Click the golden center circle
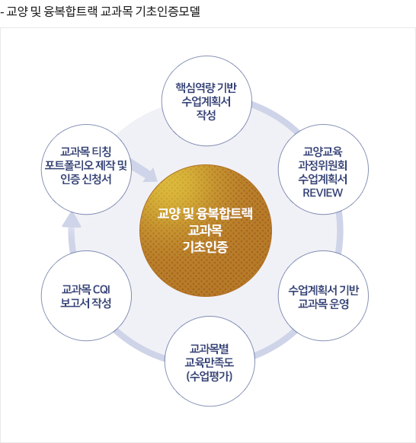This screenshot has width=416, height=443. coord(206,231)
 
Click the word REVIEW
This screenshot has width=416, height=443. coord(323,193)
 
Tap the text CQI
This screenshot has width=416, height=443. coord(101,289)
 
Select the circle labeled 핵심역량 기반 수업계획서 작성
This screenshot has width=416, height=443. coord(206,101)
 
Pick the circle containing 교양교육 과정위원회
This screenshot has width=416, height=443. coord(323,169)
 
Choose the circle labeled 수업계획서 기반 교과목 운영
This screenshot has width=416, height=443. coord(323,295)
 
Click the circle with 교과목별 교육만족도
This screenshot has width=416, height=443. coord(210,361)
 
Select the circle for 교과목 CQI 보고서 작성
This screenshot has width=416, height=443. coord(86,295)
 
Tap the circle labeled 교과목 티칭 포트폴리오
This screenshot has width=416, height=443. coord(86,169)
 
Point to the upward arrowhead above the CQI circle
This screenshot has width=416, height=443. coord(72,221)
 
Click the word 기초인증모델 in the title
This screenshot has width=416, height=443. coord(168,11)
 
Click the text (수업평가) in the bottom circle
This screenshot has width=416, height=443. coord(210,376)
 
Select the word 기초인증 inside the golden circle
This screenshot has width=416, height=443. coord(205,247)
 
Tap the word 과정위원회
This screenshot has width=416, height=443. coord(323,165)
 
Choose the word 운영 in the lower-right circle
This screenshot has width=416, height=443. coord(339,304)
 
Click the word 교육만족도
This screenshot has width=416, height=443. coord(210,362)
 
